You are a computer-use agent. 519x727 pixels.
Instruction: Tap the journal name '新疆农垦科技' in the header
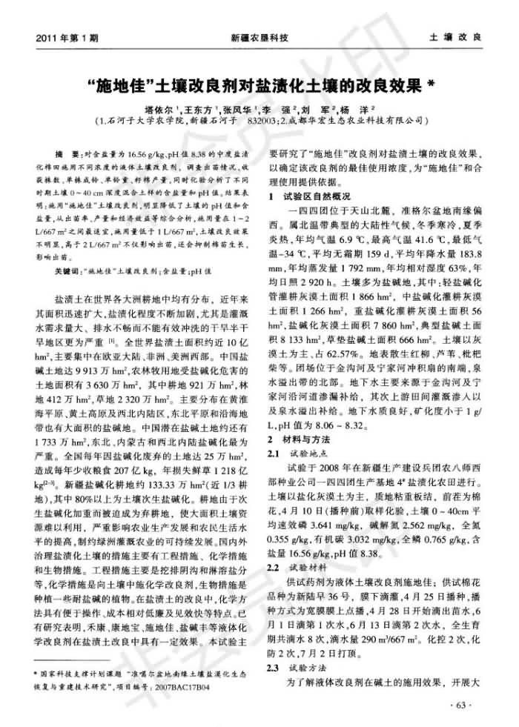(x=259, y=36)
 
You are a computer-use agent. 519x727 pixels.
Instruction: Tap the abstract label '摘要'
(x=68, y=150)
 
